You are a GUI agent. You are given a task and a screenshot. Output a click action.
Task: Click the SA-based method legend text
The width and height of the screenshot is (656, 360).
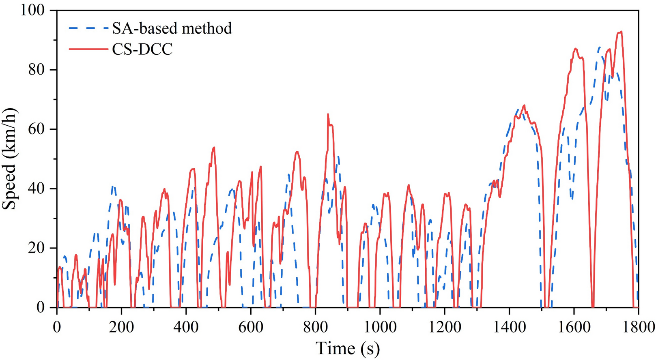click(172, 28)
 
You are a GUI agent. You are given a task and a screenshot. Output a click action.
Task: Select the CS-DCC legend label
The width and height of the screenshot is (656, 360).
click(142, 49)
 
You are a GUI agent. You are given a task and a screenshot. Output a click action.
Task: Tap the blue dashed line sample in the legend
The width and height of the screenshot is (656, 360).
click(87, 28)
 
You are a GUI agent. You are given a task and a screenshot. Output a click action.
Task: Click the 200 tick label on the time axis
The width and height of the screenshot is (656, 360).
click(121, 327)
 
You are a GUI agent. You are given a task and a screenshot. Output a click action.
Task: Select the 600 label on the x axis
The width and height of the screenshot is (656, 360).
click(251, 327)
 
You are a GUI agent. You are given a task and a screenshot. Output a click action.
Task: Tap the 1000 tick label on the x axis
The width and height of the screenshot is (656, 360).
click(380, 327)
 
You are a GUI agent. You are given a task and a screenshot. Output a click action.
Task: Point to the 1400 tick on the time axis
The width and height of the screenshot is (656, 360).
click(509, 327)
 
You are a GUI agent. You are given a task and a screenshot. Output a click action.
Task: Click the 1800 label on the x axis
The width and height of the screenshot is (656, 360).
click(638, 327)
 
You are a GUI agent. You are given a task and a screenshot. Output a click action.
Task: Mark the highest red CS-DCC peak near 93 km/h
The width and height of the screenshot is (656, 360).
click(620, 32)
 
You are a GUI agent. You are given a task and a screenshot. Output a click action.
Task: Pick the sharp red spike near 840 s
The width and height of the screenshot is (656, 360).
click(328, 115)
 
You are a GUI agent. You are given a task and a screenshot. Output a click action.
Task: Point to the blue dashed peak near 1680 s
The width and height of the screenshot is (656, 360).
click(599, 47)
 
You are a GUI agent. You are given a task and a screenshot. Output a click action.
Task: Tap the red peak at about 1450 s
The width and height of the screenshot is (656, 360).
click(524, 106)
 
